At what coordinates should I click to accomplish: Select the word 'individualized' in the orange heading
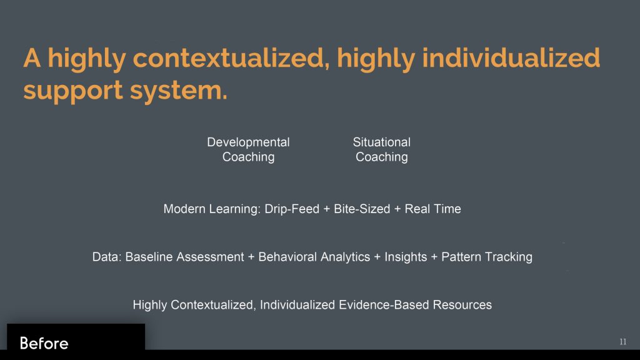[x=511, y=57]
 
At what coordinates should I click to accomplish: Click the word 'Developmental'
[x=248, y=142]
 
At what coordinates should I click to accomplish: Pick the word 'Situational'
[x=382, y=142]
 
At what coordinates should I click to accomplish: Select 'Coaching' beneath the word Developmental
[x=248, y=157]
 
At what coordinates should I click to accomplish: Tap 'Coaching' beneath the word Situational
[x=382, y=157]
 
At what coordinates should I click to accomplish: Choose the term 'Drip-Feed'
[x=292, y=209]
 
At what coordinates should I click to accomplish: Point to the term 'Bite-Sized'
[x=362, y=209]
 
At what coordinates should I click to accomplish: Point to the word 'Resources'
[x=462, y=305]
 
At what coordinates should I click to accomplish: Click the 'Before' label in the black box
[x=44, y=343]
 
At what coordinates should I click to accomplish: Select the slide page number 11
[x=623, y=342]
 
